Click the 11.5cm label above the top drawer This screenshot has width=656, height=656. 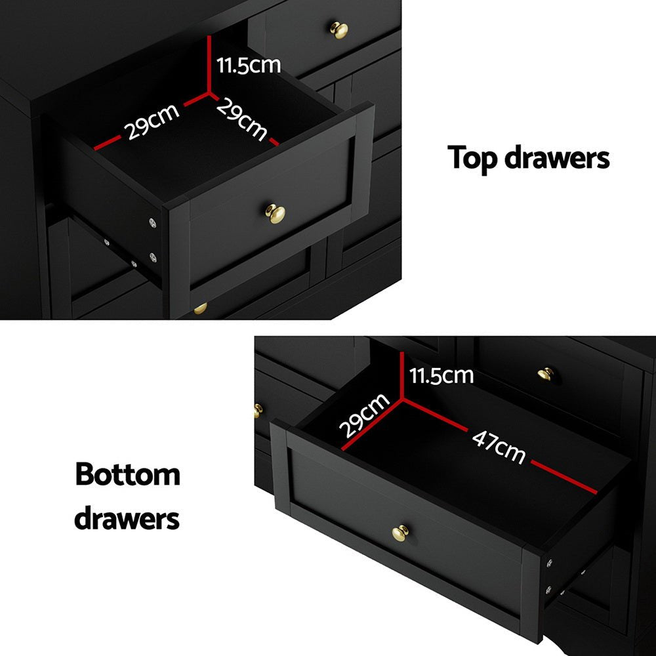pyautogui.click(x=249, y=65)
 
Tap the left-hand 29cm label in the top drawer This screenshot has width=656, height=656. pyautogui.click(x=152, y=122)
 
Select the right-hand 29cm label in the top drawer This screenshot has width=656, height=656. pyautogui.click(x=242, y=119)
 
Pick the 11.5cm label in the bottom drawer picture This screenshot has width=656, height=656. pyautogui.click(x=441, y=375)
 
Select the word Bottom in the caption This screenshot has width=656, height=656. pyautogui.click(x=127, y=474)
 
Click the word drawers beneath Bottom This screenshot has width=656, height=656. pyautogui.click(x=127, y=518)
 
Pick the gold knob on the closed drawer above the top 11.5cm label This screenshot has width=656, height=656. pyautogui.click(x=339, y=30)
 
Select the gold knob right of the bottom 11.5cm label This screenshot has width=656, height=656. pyautogui.click(x=546, y=374)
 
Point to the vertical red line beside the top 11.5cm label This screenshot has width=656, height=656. pyautogui.click(x=209, y=62)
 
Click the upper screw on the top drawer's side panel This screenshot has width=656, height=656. pyautogui.click(x=153, y=224)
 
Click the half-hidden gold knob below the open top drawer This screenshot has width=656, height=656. pyautogui.click(x=200, y=308)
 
